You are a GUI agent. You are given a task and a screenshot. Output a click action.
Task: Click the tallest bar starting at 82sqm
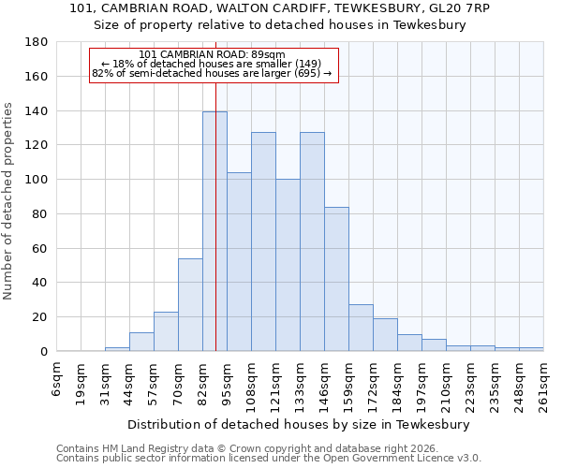pyautogui.click(x=214, y=231)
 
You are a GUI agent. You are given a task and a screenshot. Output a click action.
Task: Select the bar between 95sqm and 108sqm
pyautogui.click(x=239, y=262)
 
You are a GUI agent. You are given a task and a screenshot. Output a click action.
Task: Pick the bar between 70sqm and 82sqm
pyautogui.click(x=190, y=304)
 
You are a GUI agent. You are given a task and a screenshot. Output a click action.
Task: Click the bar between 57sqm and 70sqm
pyautogui.click(x=166, y=331)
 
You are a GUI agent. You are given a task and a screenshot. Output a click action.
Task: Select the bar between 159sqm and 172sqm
pyautogui.click(x=361, y=328)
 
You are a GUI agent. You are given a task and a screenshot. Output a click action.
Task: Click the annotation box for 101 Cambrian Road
pyautogui.click(x=212, y=66)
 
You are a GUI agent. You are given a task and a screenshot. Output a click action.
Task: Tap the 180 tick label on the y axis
pyautogui.click(x=37, y=42)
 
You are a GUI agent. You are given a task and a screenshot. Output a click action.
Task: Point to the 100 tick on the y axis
pyautogui.click(x=37, y=180)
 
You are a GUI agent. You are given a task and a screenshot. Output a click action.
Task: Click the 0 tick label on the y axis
pyautogui.click(x=43, y=351)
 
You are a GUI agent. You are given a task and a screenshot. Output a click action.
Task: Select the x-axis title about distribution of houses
pyautogui.click(x=299, y=424)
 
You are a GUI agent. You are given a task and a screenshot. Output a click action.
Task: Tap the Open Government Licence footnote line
pyautogui.click(x=269, y=459)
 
